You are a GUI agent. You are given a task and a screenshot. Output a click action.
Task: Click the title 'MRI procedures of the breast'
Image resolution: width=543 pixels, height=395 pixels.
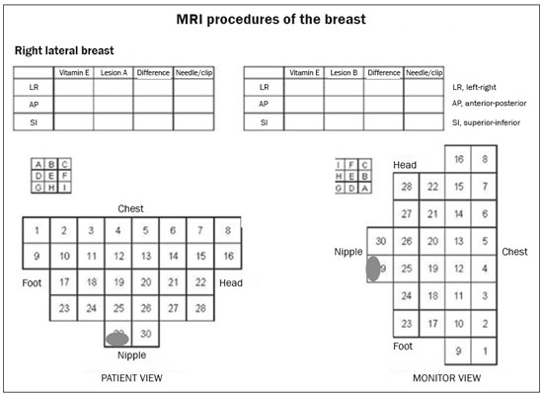[x=271, y=20]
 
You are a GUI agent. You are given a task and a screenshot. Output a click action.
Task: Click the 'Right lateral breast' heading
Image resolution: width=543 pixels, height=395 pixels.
[x=64, y=50]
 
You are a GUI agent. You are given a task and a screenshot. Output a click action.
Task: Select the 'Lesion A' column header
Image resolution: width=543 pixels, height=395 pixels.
[x=114, y=73]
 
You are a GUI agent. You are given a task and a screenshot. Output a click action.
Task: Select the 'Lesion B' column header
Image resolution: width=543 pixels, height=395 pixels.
[x=344, y=73]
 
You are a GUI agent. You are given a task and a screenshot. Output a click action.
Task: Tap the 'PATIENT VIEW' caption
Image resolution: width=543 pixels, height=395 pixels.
[x=131, y=378]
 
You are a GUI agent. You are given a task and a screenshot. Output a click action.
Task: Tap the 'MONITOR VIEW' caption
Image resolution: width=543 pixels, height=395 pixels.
[x=446, y=378]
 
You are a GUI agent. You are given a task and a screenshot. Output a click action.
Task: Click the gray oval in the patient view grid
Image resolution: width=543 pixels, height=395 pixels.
[x=117, y=339]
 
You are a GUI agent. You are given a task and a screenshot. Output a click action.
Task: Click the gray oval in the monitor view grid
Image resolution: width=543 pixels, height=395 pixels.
[x=373, y=269]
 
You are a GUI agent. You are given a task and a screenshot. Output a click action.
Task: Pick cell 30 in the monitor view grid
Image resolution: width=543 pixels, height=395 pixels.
[x=380, y=241]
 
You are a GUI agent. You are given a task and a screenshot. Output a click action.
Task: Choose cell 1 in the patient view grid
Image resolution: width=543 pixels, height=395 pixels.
[x=37, y=230]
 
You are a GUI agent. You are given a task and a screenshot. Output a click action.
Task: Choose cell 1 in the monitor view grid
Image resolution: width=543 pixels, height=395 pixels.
[x=484, y=351]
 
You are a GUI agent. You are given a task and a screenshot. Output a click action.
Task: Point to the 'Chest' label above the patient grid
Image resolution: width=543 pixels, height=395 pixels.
[x=130, y=208]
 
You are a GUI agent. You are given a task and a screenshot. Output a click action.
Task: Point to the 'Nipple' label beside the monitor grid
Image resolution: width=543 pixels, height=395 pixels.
[x=349, y=252]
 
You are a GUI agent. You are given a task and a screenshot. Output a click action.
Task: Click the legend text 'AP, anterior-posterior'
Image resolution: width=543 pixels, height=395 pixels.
[x=489, y=104]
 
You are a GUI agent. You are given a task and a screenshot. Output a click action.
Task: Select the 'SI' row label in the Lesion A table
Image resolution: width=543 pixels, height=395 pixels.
[x=34, y=122]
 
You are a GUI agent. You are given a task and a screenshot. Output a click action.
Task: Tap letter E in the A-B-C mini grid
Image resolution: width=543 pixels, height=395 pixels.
[x=51, y=176]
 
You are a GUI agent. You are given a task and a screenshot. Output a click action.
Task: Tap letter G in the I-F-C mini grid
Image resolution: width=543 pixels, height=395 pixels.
[x=339, y=189]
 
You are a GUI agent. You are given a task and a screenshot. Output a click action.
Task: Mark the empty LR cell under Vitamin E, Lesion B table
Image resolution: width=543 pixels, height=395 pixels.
[x=304, y=87]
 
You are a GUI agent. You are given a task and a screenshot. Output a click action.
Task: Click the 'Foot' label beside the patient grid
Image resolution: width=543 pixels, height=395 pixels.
[x=32, y=283]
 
